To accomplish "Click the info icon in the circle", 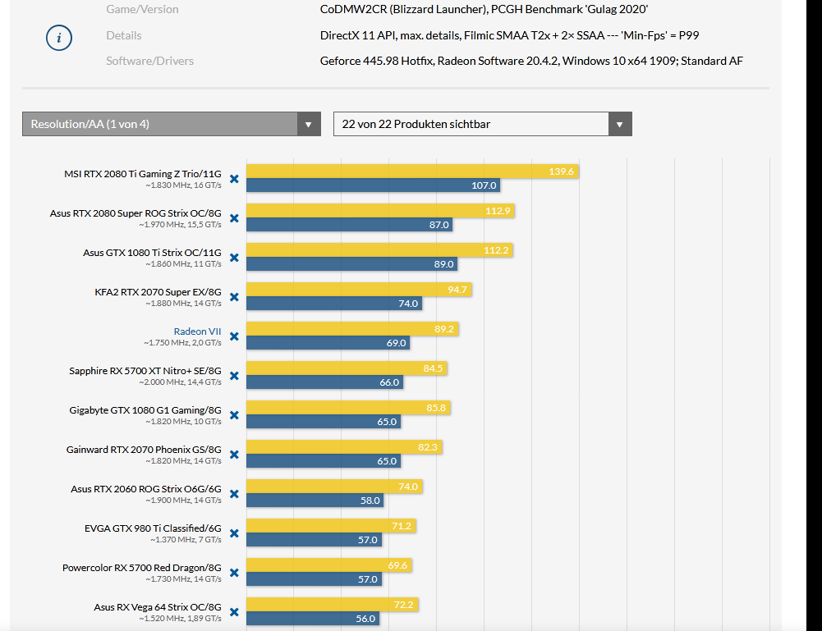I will [x=59, y=38].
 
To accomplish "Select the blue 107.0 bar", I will [x=373, y=185].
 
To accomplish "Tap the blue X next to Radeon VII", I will [x=234, y=336].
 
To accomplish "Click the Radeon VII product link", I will [x=197, y=332].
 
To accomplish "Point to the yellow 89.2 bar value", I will [x=444, y=329].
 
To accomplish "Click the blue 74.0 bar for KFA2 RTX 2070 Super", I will [x=334, y=304].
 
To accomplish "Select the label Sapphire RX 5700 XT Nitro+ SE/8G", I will [x=145, y=371].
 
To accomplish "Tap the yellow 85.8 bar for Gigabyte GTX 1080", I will [x=348, y=408].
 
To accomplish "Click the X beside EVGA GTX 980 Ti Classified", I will [x=234, y=533].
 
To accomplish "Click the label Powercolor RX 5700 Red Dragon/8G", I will [x=142, y=568].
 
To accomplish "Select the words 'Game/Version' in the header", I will [x=142, y=10].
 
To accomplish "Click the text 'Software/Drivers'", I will [x=149, y=61].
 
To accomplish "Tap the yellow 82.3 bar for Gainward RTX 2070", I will [x=344, y=447].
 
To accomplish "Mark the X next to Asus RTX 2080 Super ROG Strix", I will [x=234, y=218].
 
